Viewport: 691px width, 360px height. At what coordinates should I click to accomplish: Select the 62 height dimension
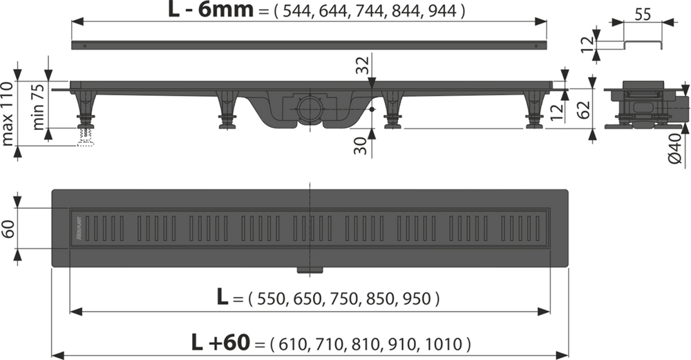click(583, 109)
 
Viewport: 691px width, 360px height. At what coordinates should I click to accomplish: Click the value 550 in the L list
click(268, 299)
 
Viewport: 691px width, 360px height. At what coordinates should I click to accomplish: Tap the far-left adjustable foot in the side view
click(85, 111)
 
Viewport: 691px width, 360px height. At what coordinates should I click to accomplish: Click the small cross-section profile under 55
click(643, 46)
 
